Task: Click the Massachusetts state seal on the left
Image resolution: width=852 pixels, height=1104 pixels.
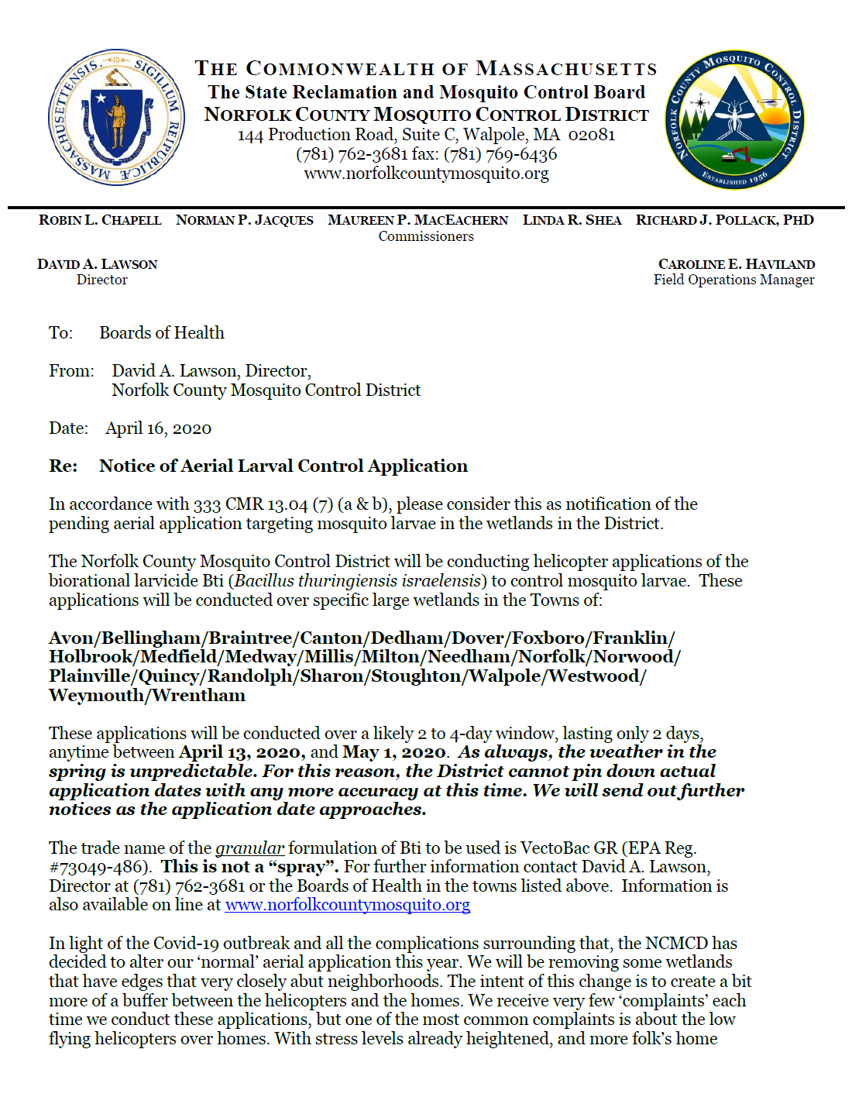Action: tap(116, 118)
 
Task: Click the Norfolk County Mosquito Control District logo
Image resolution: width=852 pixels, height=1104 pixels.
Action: tap(734, 119)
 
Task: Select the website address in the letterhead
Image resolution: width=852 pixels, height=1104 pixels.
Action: tap(426, 174)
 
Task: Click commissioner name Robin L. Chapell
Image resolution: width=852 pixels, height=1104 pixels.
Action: tap(100, 220)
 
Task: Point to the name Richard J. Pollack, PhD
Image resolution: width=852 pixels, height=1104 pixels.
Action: tap(724, 220)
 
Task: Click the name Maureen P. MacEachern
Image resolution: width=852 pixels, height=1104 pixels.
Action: tap(417, 220)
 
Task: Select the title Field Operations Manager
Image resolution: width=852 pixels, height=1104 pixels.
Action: tap(733, 280)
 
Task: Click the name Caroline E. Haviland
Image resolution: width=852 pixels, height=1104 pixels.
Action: tap(736, 264)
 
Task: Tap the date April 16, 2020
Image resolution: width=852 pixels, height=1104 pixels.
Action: tap(158, 428)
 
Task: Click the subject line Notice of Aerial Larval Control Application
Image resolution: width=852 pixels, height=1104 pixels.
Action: tap(283, 466)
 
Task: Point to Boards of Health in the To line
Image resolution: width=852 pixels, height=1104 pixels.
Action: tap(161, 333)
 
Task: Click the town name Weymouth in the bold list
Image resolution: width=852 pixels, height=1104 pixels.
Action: tap(97, 696)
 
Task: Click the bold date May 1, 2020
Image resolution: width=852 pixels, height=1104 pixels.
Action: tap(393, 752)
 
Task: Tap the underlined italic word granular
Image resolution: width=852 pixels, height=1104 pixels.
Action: tap(249, 848)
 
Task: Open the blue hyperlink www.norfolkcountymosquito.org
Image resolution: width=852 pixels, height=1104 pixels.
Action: tap(347, 905)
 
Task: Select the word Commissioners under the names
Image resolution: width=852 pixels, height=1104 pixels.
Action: tap(426, 236)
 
